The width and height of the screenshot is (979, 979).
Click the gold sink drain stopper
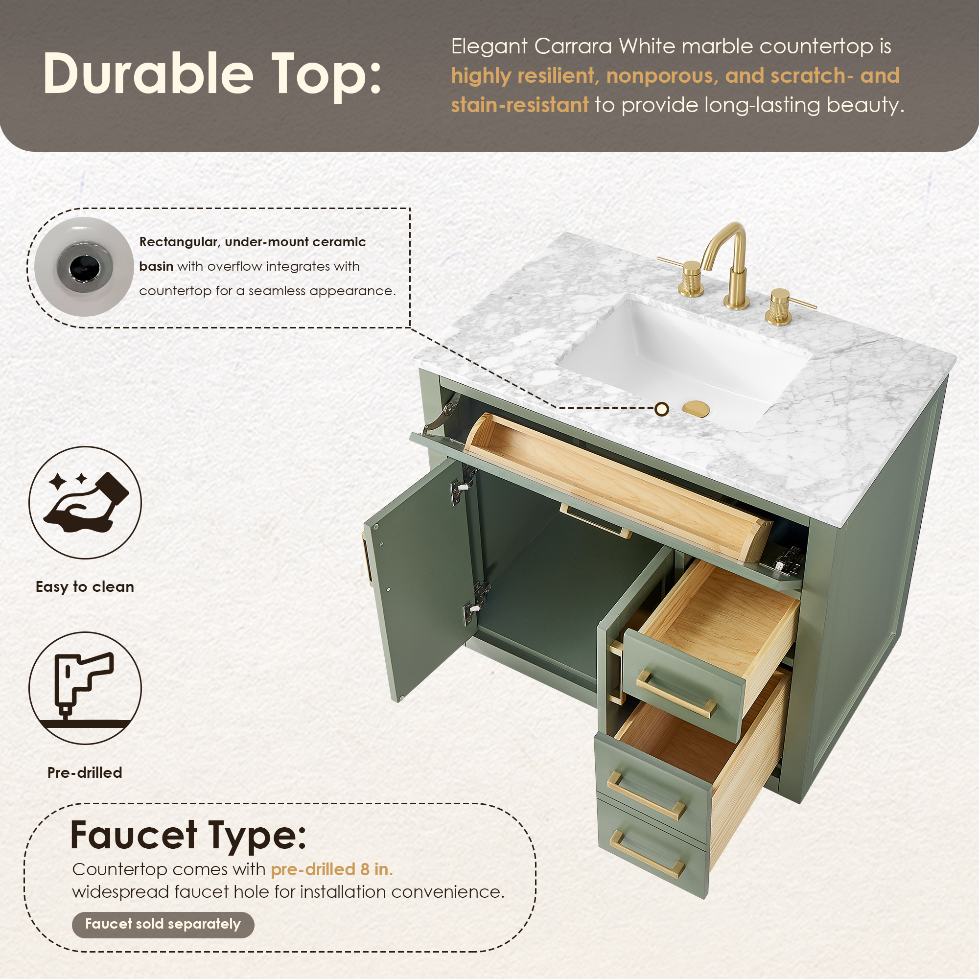click(696, 408)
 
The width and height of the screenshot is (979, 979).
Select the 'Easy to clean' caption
click(85, 587)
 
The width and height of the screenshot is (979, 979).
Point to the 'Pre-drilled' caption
click(85, 773)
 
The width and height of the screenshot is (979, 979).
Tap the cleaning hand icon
click(86, 502)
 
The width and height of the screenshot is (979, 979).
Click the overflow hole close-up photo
click(84, 267)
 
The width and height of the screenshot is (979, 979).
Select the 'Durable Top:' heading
click(212, 75)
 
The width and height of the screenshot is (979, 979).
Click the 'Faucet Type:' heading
click(188, 835)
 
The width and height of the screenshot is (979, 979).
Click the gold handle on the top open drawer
click(676, 693)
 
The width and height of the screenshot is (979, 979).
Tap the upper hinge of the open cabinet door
click(464, 484)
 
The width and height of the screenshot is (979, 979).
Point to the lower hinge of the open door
click(476, 603)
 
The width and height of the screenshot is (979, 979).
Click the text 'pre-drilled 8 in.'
click(332, 869)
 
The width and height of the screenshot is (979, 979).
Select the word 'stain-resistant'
click(520, 105)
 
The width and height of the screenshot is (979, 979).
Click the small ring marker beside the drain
click(662, 409)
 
